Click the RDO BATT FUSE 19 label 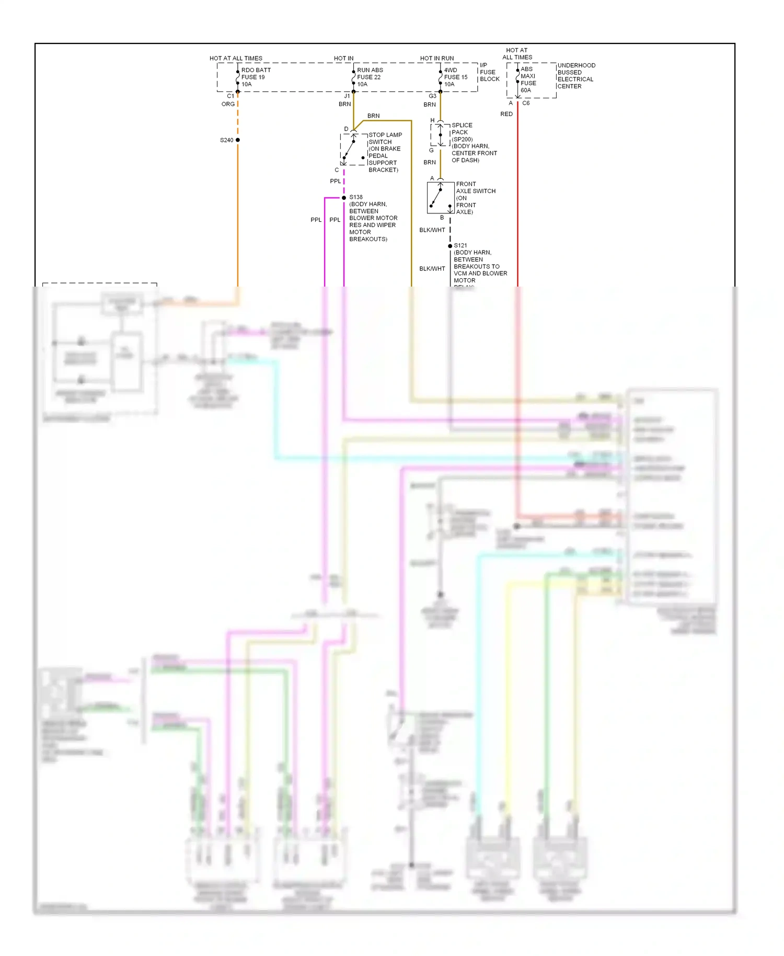(x=256, y=77)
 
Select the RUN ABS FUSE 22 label (x=370, y=77)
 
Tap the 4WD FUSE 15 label (x=455, y=77)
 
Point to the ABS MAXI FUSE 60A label (x=528, y=79)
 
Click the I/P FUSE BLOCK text (x=489, y=72)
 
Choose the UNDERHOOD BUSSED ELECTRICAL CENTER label (x=575, y=76)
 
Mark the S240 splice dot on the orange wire (x=238, y=140)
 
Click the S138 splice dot (x=344, y=198)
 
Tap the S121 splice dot (x=450, y=246)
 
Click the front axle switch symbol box (x=441, y=198)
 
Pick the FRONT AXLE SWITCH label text (x=475, y=198)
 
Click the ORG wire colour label (x=228, y=104)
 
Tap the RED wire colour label (x=506, y=114)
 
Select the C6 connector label (x=526, y=103)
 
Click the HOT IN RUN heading (x=437, y=58)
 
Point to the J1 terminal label (x=347, y=96)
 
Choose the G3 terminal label (x=432, y=96)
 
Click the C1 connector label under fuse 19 (x=230, y=96)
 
